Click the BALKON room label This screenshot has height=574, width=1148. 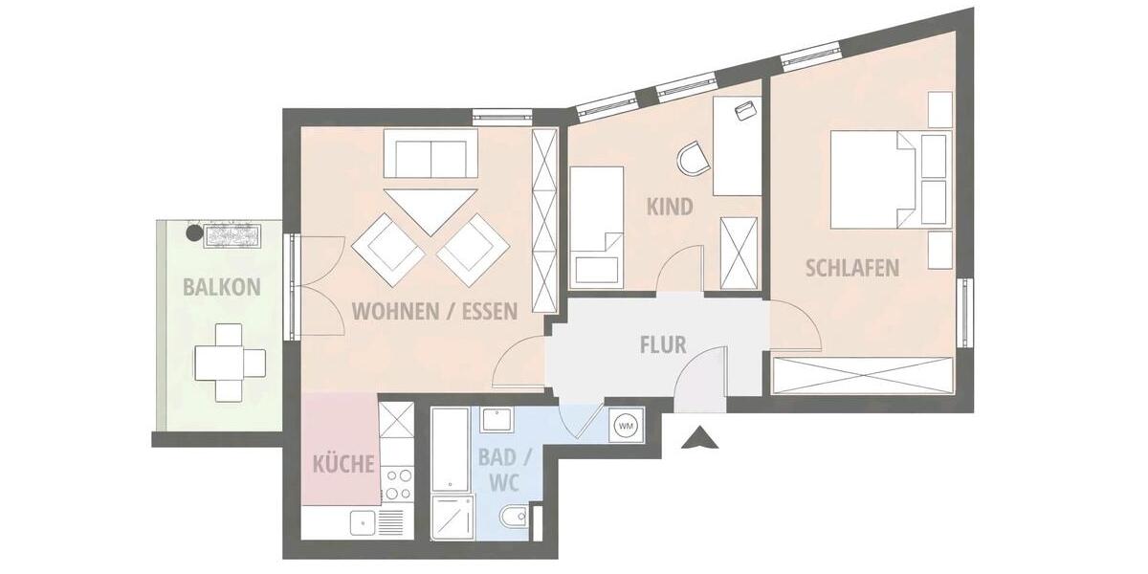click(x=222, y=286)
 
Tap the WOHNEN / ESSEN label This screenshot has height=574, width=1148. click(x=434, y=310)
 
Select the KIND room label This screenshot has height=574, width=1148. click(x=670, y=207)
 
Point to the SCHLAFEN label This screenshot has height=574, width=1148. click(x=852, y=267)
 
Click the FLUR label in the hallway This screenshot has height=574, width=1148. click(x=663, y=344)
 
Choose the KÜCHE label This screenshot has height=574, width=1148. click(x=343, y=465)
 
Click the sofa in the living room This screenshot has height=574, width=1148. click(x=430, y=154)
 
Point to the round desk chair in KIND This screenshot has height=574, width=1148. click(x=693, y=159)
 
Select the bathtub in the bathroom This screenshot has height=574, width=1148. click(x=450, y=450)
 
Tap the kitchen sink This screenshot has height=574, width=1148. click(x=364, y=522)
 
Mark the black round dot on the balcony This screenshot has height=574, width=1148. click(x=192, y=232)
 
